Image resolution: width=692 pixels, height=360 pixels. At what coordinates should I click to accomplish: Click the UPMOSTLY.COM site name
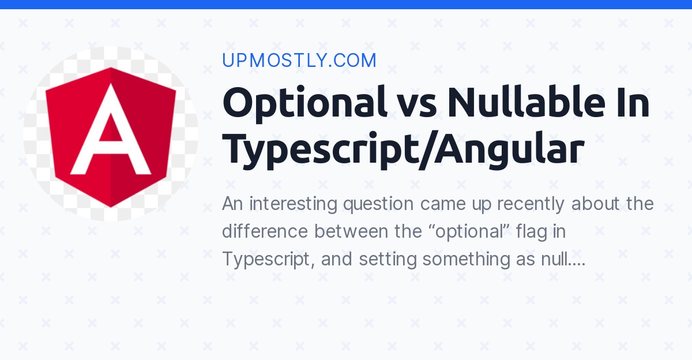(x=299, y=60)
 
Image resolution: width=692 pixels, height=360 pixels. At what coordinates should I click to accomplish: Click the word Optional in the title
(x=304, y=103)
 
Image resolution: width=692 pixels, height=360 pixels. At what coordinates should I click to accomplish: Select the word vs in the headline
(x=417, y=107)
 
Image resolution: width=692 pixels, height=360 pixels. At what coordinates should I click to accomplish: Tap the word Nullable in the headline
(x=526, y=102)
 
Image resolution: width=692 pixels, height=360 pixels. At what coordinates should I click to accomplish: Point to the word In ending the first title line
(x=633, y=102)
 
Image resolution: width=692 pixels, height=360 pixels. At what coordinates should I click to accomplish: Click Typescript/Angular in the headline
(x=403, y=150)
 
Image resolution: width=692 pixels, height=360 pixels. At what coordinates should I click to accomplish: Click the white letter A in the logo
(x=111, y=129)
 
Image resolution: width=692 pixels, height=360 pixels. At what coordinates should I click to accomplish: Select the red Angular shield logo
(x=111, y=137)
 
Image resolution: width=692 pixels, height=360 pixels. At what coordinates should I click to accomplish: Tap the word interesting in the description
(x=293, y=204)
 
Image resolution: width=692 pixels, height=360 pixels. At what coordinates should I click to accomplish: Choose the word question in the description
(x=378, y=205)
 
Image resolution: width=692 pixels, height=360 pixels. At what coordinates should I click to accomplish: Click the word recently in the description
(x=531, y=205)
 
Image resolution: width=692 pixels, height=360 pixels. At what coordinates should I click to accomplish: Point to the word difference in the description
(x=265, y=231)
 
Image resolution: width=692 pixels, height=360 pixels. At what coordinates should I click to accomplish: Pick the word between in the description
(x=351, y=231)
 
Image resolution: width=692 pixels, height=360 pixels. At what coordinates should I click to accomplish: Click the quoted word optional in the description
(x=470, y=232)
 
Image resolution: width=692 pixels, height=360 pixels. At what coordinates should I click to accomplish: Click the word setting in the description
(x=388, y=260)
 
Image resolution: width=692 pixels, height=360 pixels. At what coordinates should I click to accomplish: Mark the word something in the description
(x=466, y=260)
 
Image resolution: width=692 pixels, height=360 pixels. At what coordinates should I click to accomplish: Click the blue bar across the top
(x=346, y=4)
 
